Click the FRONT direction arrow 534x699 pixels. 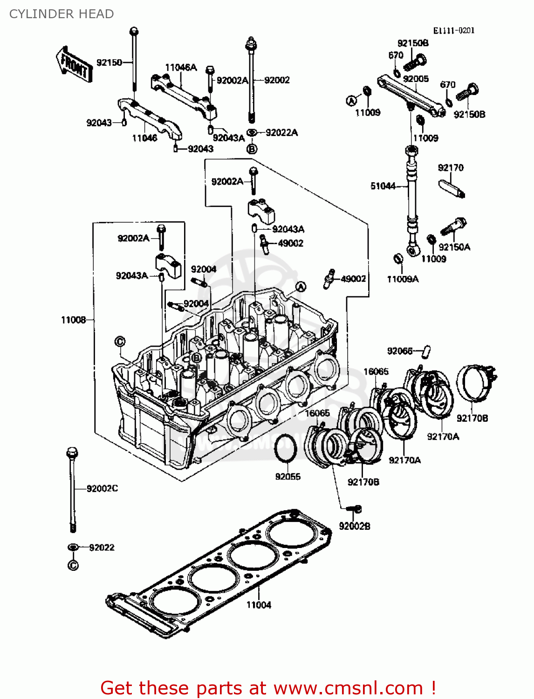point(74,65)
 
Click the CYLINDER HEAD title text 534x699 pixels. point(62,14)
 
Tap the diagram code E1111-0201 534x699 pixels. point(453,31)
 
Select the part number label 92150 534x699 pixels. point(109,62)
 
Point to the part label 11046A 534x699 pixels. point(181,68)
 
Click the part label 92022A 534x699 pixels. point(281,133)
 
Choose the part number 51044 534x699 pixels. point(383,186)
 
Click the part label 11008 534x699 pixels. point(73,320)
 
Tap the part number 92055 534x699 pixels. point(288,477)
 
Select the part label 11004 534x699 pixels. point(259,605)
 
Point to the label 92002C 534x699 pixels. point(102,488)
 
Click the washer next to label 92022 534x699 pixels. point(73,547)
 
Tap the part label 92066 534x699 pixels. point(400,351)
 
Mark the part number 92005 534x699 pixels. point(416,79)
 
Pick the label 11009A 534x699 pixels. point(403,279)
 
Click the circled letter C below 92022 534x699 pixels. point(73,566)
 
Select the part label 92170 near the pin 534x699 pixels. point(451,168)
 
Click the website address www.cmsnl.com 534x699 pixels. point(348,688)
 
